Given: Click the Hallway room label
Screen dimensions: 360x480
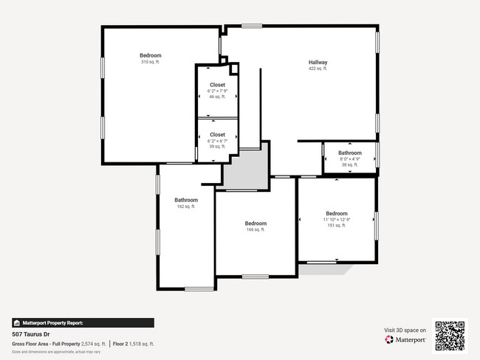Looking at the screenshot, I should point(318,62).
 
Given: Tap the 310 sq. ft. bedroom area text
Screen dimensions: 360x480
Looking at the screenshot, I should point(150,62).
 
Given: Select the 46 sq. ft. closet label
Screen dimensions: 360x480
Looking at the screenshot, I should point(217,97).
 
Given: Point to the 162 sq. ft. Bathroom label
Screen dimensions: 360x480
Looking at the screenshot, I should point(186,200).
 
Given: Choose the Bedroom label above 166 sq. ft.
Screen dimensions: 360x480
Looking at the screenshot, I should point(256,223).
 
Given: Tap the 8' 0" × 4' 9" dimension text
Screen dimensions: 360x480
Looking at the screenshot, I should point(350,159).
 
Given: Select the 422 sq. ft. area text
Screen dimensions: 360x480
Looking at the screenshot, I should point(318,69).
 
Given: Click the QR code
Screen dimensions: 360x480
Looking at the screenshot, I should point(450,336).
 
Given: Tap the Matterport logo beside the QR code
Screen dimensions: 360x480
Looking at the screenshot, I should point(405,340).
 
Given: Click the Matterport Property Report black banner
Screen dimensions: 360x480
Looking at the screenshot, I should point(83,322).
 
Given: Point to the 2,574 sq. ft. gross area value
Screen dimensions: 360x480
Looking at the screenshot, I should point(92,344).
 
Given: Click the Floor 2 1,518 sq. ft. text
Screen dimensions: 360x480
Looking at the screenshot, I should point(134,344).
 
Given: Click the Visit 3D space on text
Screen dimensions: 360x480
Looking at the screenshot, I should point(405,330).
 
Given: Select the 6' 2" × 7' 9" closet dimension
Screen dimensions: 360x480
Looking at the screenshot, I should point(217,91).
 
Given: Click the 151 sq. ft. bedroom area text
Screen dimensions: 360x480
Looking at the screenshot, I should point(336,226).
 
